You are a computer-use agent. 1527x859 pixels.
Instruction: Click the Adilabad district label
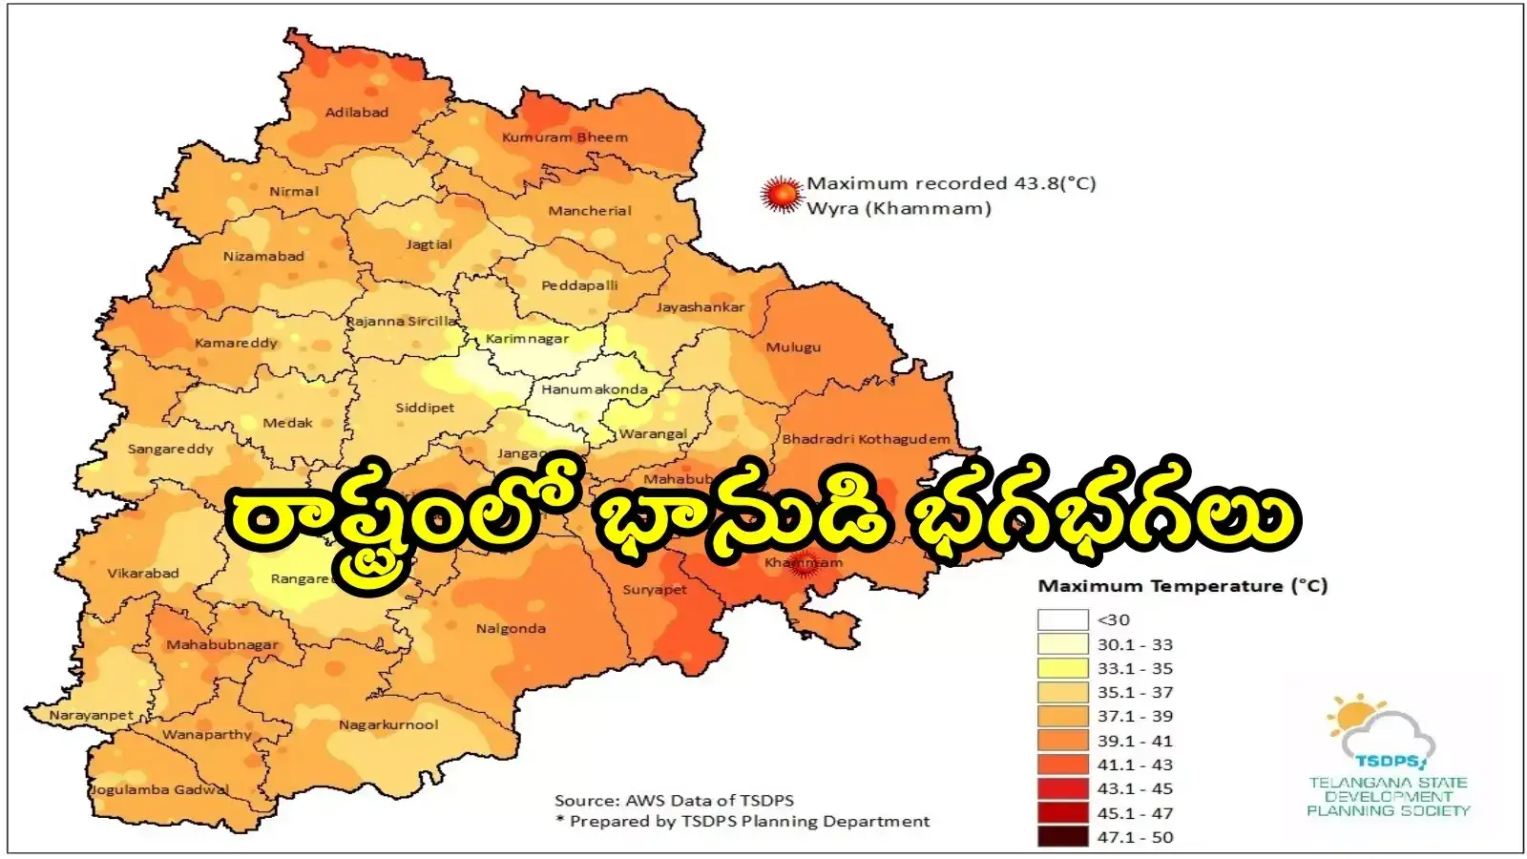pos(357,113)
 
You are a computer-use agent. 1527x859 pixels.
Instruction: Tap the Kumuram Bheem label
pos(565,137)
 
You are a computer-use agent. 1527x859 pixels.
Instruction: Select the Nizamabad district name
pos(263,257)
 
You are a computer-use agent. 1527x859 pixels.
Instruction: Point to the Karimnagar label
pos(527,339)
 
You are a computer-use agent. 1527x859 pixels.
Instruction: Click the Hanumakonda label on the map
pos(595,389)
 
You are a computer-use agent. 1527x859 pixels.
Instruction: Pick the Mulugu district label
pos(793,347)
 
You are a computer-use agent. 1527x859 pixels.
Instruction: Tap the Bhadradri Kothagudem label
pos(866,439)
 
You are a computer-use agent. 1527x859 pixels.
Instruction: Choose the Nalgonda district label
pos(511,629)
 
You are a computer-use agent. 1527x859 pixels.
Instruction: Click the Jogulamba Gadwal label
pos(159,789)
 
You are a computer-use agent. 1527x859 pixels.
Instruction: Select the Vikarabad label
pos(143,574)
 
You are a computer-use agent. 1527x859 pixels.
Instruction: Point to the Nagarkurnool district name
pos(388,725)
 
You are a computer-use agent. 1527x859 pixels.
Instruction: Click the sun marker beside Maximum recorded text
pos(782,195)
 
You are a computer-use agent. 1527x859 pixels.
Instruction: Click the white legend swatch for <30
pos(1062,620)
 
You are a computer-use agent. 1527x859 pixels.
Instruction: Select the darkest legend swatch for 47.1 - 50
pos(1062,837)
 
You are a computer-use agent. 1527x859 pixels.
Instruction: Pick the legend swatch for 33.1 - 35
pos(1062,668)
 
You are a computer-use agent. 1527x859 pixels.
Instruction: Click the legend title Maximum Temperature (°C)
pos(1182,586)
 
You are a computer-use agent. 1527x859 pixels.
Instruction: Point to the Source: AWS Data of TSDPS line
pos(674,801)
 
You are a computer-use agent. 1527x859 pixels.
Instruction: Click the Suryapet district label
pos(655,590)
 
